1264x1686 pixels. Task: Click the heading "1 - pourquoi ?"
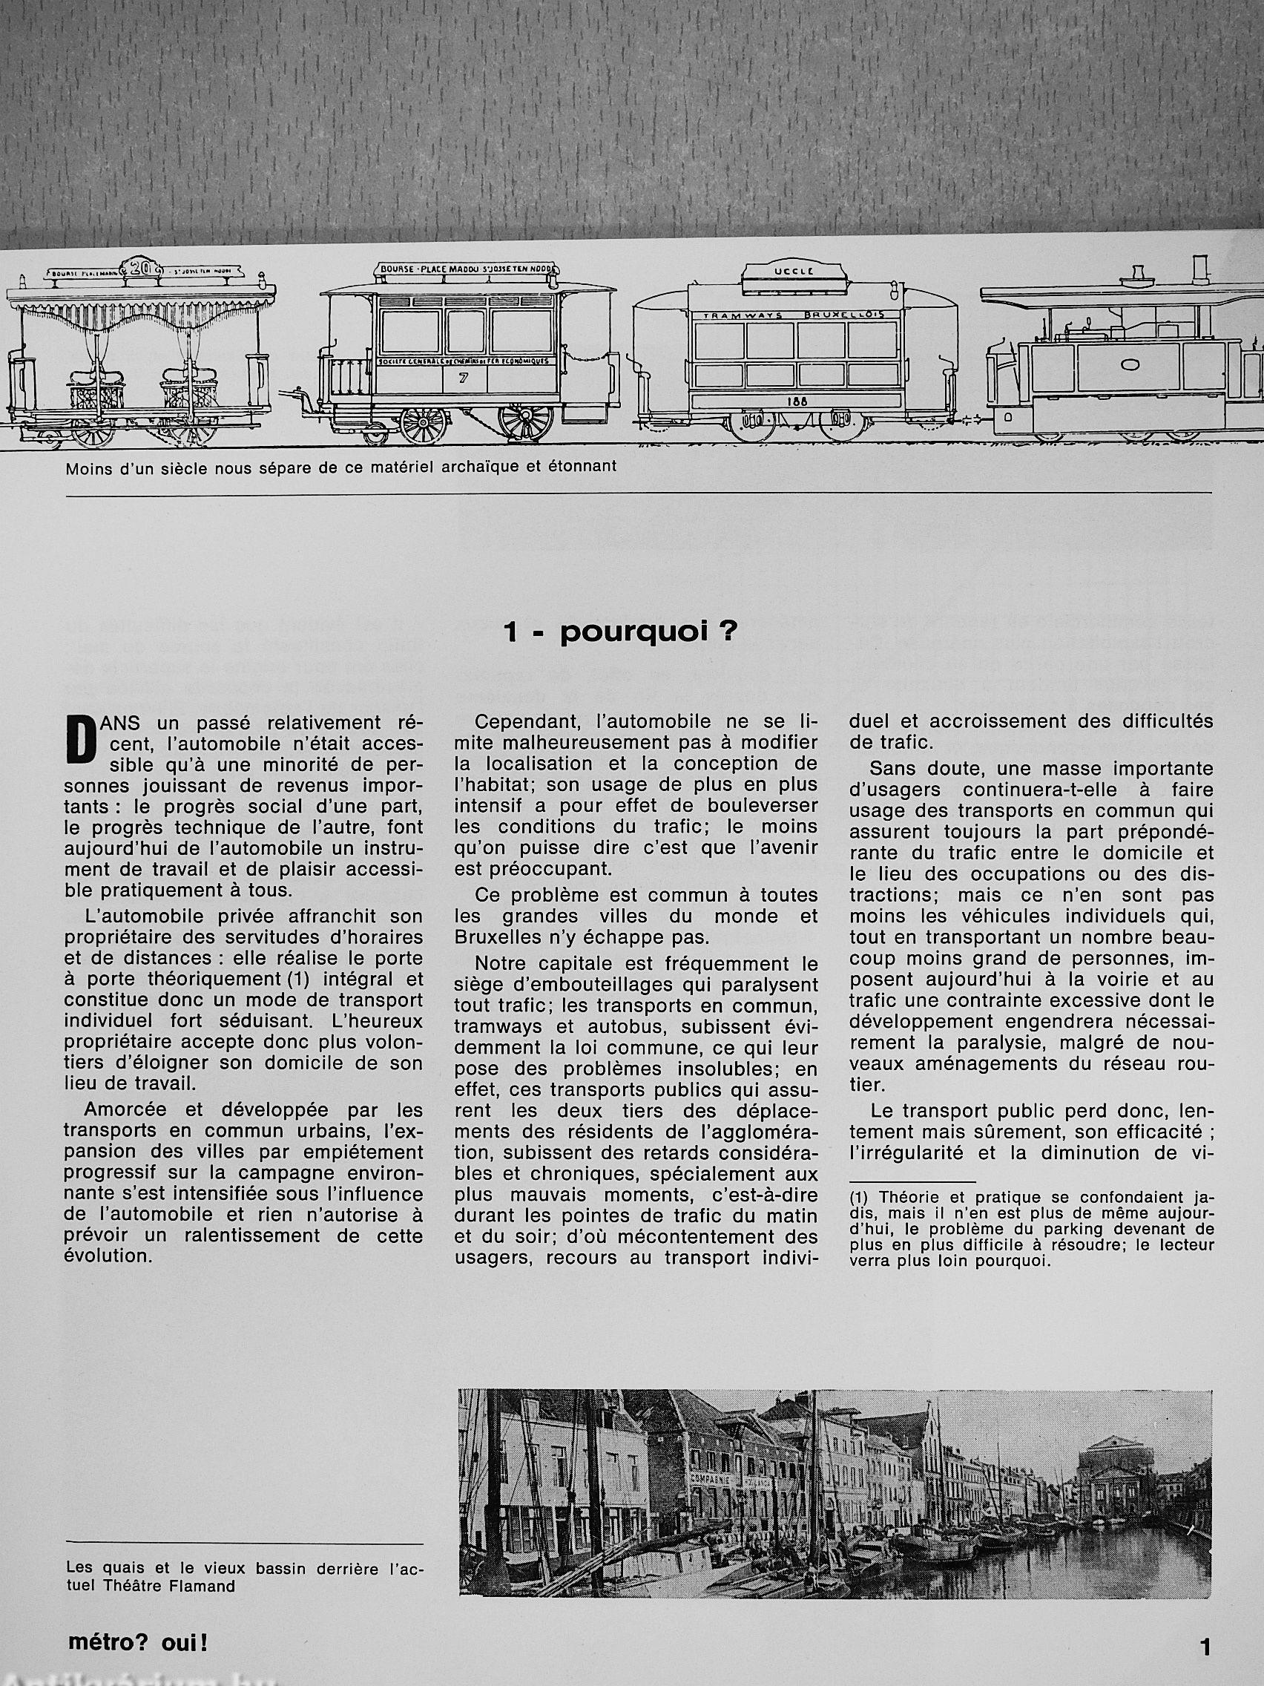coord(619,634)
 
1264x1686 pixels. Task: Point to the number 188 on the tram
coord(798,401)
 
